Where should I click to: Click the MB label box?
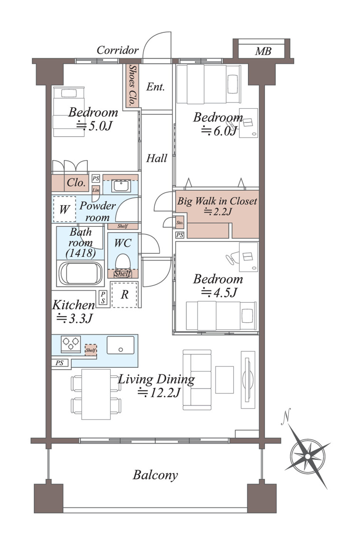262,51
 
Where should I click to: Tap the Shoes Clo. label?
132,85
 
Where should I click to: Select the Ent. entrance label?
155,86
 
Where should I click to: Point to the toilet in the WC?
123,261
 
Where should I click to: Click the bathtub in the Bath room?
80,273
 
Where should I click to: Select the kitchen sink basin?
121,345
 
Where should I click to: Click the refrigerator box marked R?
124,294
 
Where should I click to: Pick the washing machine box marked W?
64,209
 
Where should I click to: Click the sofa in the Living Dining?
197,380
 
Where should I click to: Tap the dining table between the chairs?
96,394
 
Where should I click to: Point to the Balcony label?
155,475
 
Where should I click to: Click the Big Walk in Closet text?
217,201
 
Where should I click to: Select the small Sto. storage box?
180,223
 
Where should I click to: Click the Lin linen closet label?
95,190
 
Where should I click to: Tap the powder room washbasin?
121,187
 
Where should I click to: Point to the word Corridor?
117,50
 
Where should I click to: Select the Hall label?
157,159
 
